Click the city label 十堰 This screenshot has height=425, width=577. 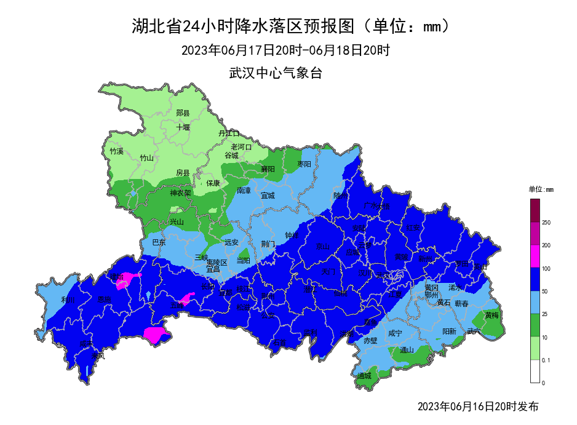pos(183,127)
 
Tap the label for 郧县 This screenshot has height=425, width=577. pos(183,113)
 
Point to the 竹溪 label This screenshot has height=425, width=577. pos(117,151)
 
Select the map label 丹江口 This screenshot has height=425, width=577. pos(228,133)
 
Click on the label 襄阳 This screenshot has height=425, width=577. pos(268,169)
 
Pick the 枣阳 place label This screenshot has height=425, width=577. pos(304,164)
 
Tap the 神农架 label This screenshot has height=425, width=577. pos(181,193)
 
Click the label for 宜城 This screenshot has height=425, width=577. pos(268,196)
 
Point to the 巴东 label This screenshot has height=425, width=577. pos(159,242)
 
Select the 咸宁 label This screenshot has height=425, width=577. pos(395,333)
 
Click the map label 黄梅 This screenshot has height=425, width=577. pos(491,315)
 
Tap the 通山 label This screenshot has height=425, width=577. pos(407,350)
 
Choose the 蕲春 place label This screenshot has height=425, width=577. pos(461,304)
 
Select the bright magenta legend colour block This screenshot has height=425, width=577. pos(535,256)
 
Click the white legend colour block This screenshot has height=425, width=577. pos(535,371)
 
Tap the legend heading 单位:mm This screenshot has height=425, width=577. pos(541,189)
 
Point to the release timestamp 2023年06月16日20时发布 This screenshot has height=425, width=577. pos(478,407)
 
